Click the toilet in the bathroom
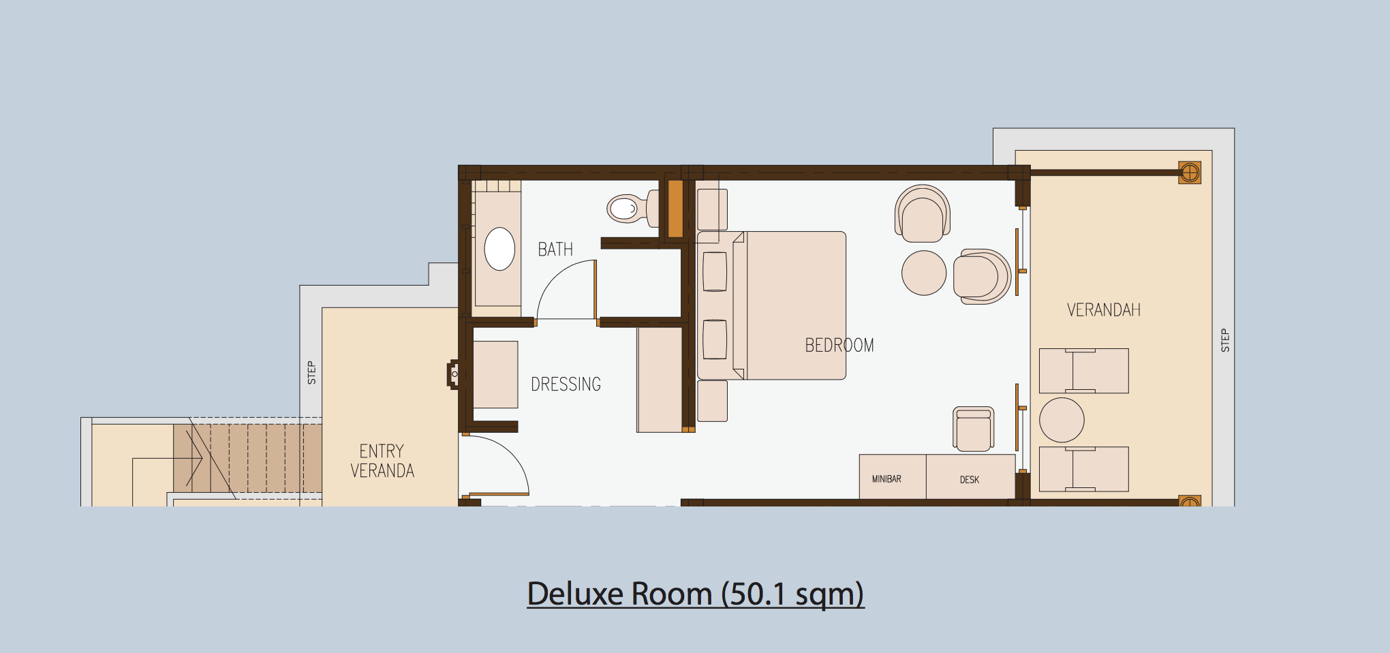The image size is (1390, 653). pyautogui.click(x=633, y=207)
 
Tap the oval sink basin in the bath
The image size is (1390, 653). pyautogui.click(x=499, y=249)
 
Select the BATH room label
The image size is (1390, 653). pyautogui.click(x=555, y=249)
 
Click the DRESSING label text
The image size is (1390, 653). pyautogui.click(x=566, y=384)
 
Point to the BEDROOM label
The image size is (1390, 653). pyautogui.click(x=839, y=346)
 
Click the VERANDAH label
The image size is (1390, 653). pyautogui.click(x=1104, y=310)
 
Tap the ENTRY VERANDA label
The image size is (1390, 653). pyautogui.click(x=382, y=461)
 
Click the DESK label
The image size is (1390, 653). pyautogui.click(x=970, y=480)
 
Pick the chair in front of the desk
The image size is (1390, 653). pyautogui.click(x=974, y=429)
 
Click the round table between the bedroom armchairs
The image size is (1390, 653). pyautogui.click(x=924, y=273)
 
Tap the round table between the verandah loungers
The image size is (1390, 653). pyautogui.click(x=1062, y=420)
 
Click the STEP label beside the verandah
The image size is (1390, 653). pyautogui.click(x=1225, y=340)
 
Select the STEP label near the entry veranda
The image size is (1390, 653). pyautogui.click(x=311, y=373)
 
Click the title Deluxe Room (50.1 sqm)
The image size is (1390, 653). pyautogui.click(x=696, y=594)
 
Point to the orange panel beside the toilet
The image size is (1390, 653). pyautogui.click(x=675, y=209)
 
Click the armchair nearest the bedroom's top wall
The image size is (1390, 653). pyautogui.click(x=923, y=213)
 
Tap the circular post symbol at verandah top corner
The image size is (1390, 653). pyautogui.click(x=1190, y=172)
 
